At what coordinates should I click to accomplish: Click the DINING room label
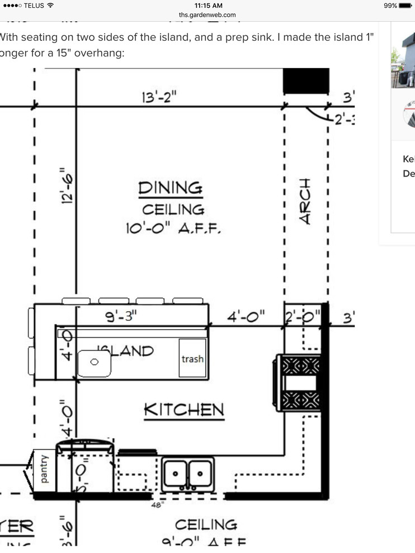[171, 188]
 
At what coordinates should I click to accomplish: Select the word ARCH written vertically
[305, 202]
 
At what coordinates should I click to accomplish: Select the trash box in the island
[192, 359]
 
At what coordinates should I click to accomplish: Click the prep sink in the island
[94, 362]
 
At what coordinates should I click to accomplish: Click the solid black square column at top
[305, 81]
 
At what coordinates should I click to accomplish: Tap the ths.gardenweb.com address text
[207, 15]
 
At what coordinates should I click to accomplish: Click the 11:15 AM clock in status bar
[207, 5]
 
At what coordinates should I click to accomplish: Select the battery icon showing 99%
[405, 6]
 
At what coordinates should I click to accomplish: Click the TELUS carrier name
[32, 6]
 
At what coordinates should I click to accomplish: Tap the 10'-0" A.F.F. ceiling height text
[174, 228]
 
